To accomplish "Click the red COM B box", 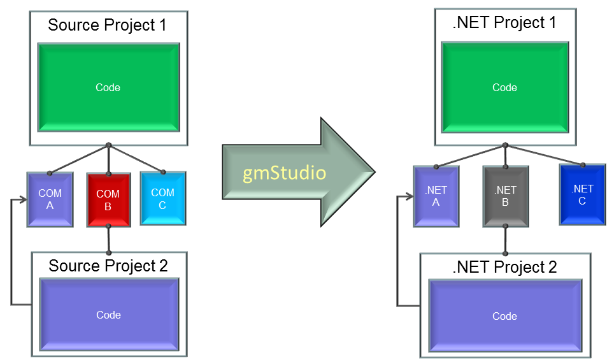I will [108, 199].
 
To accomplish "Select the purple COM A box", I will [50, 199].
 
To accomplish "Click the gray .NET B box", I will [505, 196].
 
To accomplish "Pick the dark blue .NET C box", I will [582, 194].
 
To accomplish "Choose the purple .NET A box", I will [436, 196].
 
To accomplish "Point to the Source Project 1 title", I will [107, 25].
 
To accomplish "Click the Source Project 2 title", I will [108, 266].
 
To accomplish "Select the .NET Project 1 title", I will [504, 22].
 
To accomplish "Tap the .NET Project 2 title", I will [504, 267].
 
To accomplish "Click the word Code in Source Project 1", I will [108, 87].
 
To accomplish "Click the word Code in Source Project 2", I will [108, 315].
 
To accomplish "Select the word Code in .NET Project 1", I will [504, 87].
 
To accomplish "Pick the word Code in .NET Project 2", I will [504, 316].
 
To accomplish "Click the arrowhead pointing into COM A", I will [23, 200].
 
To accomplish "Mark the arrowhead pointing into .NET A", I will [410, 197].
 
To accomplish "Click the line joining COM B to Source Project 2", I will [108, 240].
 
